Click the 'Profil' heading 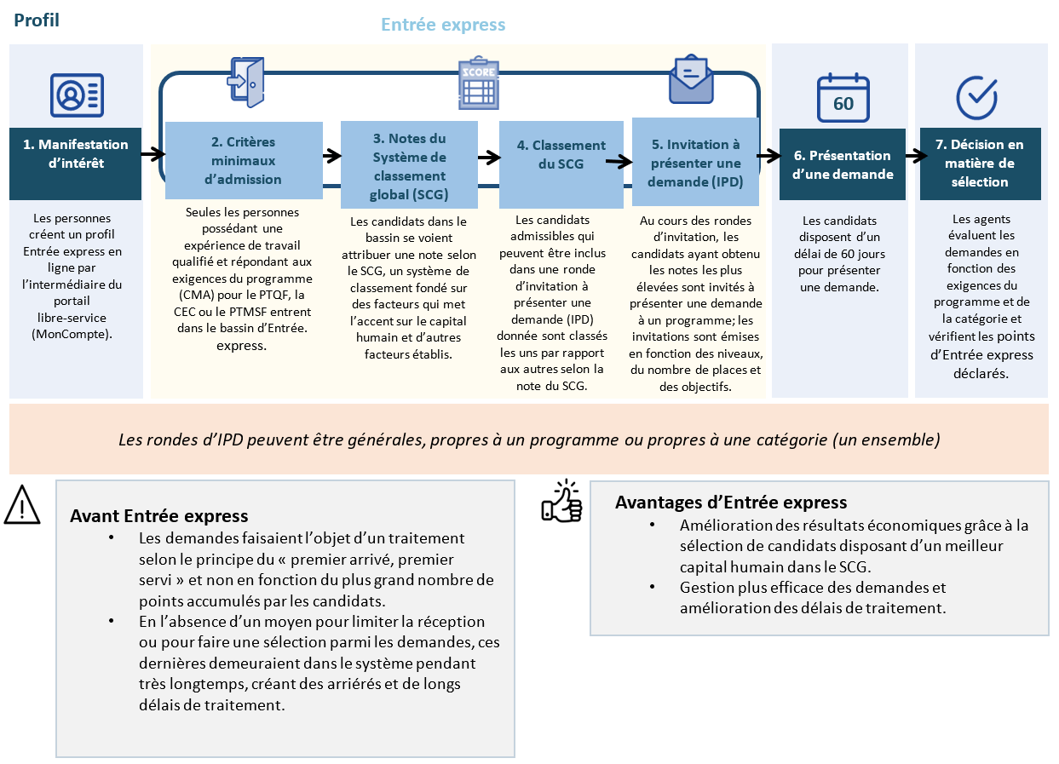coord(37,20)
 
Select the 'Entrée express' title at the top coord(443,25)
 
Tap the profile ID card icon coord(77,95)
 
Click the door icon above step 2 coord(245,83)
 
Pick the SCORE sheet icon coord(477,83)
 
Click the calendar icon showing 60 coord(843,98)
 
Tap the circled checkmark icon coord(976,97)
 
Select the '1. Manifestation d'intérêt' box coord(76,164)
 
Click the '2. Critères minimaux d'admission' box coord(244,160)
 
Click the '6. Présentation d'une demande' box coord(843,164)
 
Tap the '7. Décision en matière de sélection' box coord(980,164)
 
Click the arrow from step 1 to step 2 coord(153,154)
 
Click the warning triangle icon coord(23,505)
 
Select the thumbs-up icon coord(561,502)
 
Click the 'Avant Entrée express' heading coord(159,516)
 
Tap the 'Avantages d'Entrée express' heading coord(731,503)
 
